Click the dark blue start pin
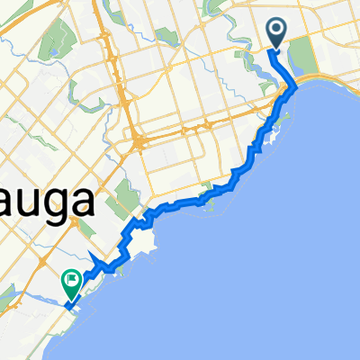pos(276,32)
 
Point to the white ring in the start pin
pos(276,30)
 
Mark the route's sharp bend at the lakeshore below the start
pos(294,87)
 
